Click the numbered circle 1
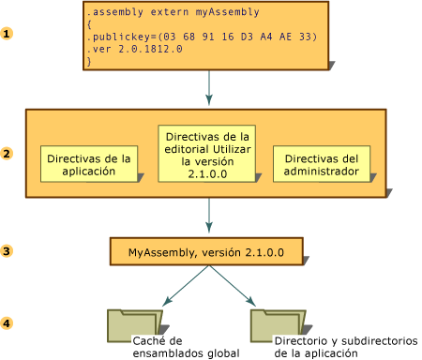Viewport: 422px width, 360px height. tap(8, 34)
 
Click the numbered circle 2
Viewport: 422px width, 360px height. tap(8, 154)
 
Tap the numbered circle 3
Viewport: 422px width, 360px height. tap(8, 251)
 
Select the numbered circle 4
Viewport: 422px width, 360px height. tap(8, 323)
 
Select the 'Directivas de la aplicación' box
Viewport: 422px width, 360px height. tap(89, 164)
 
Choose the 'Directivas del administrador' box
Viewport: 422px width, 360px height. tap(322, 164)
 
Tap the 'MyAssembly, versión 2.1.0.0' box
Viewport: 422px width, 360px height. tap(206, 252)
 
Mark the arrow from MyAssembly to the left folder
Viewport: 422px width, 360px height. tap(186, 285)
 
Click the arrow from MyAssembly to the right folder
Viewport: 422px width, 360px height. tap(232, 285)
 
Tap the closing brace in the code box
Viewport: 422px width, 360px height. tap(89, 61)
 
